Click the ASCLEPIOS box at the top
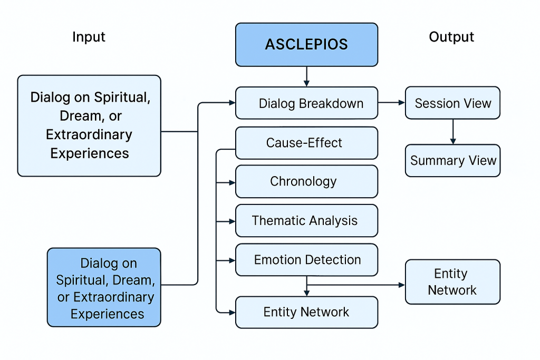[x=306, y=45]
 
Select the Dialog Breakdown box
[x=306, y=103]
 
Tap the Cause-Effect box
[x=306, y=143]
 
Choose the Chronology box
[x=306, y=182]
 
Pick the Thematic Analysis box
[x=306, y=221]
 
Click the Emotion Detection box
[x=306, y=260]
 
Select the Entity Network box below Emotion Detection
[x=306, y=312]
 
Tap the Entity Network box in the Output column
[x=452, y=282]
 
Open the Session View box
[x=452, y=103]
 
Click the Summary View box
[x=452, y=161]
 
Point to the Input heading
[x=89, y=37]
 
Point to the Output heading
[x=451, y=37]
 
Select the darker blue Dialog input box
[x=104, y=288]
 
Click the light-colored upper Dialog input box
[x=89, y=125]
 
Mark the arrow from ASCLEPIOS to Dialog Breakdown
[x=306, y=76]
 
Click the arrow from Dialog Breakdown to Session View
[x=391, y=103]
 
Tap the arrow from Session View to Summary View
[x=452, y=131]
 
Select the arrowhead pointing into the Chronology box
[x=232, y=182]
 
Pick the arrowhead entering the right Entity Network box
[x=401, y=285]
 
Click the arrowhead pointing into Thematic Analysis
[x=232, y=221]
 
